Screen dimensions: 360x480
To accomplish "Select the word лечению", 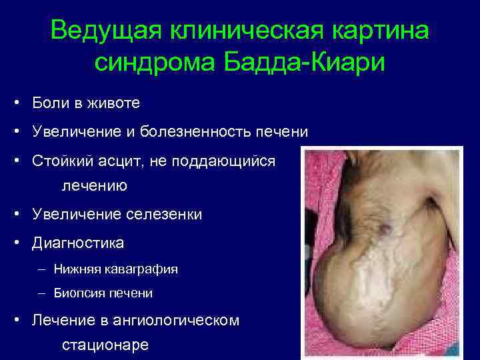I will (x=94, y=185).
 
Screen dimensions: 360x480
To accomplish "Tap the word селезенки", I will (x=163, y=214).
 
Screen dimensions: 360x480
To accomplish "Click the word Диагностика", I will (x=77, y=243).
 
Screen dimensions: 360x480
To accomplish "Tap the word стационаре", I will (x=105, y=345).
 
